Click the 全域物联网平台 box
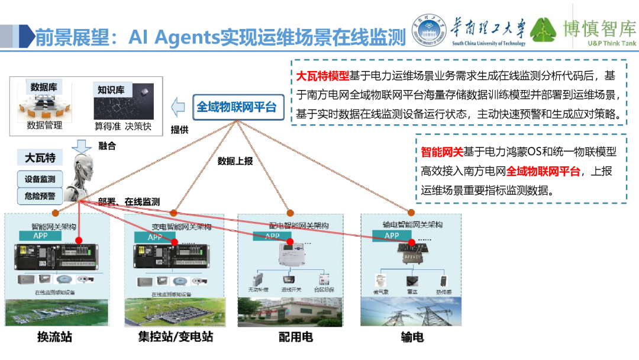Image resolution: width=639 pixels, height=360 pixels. (x=236, y=107)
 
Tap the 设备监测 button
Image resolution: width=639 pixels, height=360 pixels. (x=40, y=179)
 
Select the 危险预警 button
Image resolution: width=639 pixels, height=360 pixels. (x=40, y=196)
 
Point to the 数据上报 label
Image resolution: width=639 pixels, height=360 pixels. (x=235, y=160)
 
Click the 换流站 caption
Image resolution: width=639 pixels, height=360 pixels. (x=54, y=337)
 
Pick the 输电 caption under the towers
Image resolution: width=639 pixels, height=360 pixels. (x=412, y=337)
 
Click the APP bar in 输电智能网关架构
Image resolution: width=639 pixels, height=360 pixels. (x=392, y=235)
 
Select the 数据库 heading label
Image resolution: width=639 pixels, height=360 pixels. (x=47, y=87)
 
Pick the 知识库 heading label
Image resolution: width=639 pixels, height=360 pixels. (x=111, y=90)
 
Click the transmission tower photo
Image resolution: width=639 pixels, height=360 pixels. (x=411, y=311)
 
